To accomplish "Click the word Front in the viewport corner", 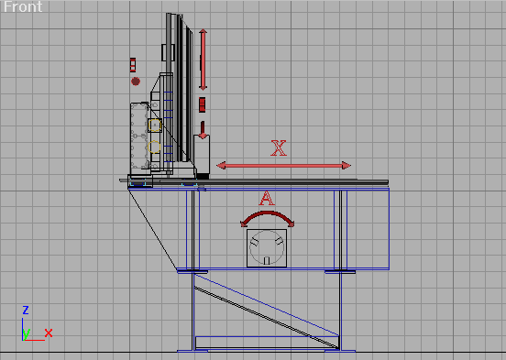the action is (23, 6).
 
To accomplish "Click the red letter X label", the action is (279, 148).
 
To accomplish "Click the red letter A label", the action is (267, 198).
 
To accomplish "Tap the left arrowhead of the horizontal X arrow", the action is (221, 166).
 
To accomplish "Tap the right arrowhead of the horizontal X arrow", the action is (346, 166).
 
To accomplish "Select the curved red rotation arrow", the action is (267, 213).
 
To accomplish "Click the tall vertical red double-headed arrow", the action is (203, 60).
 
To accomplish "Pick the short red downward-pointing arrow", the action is (203, 130).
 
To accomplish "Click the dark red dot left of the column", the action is (136, 82).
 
